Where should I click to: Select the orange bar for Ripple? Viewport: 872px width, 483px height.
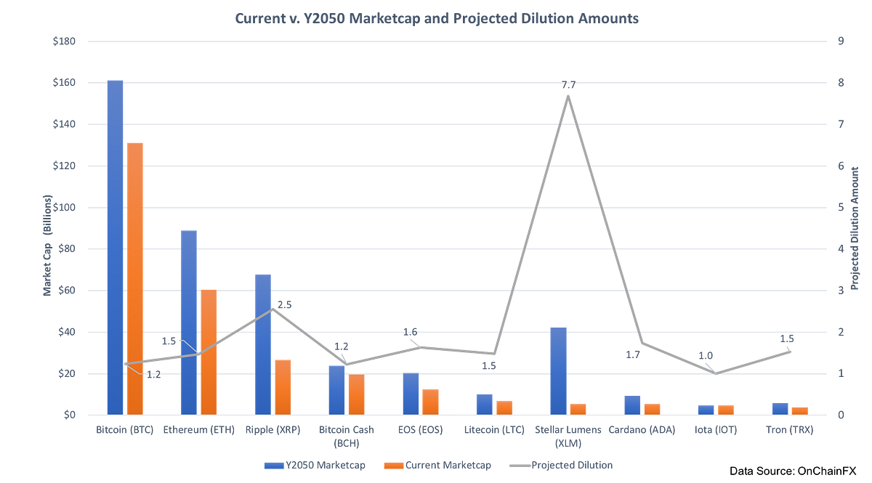(x=283, y=386)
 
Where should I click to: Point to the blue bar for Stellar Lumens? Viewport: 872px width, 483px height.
(x=558, y=370)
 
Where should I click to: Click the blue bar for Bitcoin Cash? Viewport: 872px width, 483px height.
(x=336, y=389)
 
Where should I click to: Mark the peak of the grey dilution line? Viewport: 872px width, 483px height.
(x=568, y=93)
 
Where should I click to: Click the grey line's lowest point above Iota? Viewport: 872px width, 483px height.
(x=716, y=373)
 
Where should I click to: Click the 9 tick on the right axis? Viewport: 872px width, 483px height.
(x=841, y=41)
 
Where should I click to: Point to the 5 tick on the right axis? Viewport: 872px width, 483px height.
(x=841, y=207)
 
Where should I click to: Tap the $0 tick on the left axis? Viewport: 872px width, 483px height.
(x=70, y=415)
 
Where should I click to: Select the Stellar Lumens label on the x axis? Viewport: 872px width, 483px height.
(x=568, y=434)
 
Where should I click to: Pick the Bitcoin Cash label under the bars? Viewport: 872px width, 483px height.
(x=346, y=434)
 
